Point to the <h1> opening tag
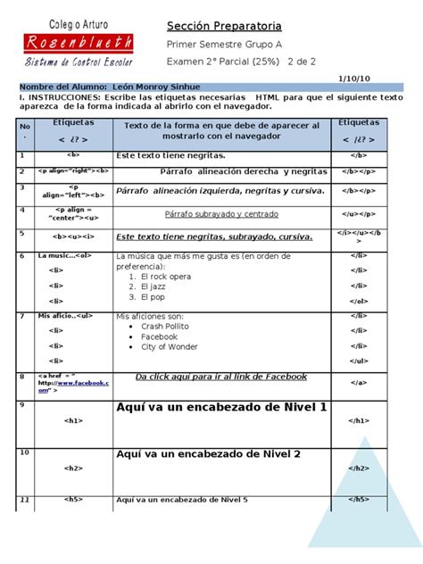72,419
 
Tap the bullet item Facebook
159,337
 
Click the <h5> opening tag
72,499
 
